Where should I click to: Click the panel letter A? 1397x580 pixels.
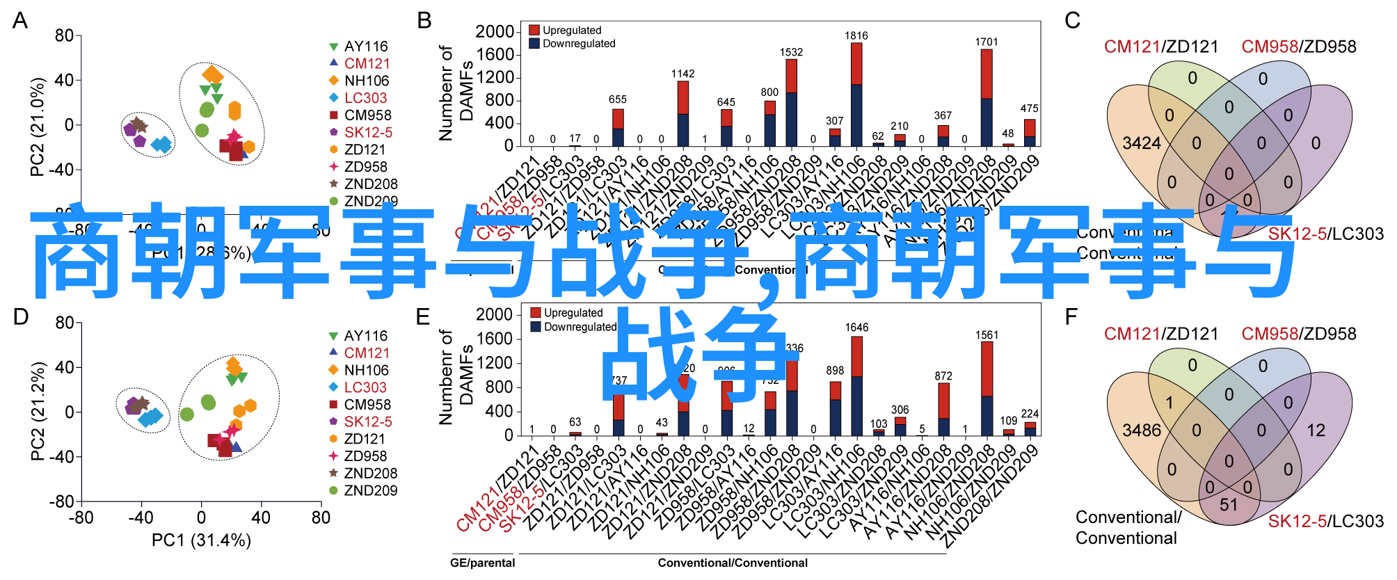click(20, 21)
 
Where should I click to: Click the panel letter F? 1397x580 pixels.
click(1071, 317)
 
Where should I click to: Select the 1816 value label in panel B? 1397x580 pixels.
click(856, 35)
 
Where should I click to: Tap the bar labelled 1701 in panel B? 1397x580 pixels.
click(987, 97)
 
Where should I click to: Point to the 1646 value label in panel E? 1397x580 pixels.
click(856, 327)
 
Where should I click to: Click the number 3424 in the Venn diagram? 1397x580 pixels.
click(1142, 143)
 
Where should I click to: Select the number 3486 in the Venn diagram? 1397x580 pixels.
click(1142, 430)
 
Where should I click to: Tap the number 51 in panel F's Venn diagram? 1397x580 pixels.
click(1229, 504)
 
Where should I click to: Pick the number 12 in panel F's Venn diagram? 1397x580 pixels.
click(1316, 430)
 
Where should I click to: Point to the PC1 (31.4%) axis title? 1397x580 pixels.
click(201, 540)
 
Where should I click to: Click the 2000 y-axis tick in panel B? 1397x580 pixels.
click(494, 31)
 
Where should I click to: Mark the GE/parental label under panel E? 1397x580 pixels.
click(482, 563)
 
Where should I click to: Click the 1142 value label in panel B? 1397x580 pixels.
click(682, 74)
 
